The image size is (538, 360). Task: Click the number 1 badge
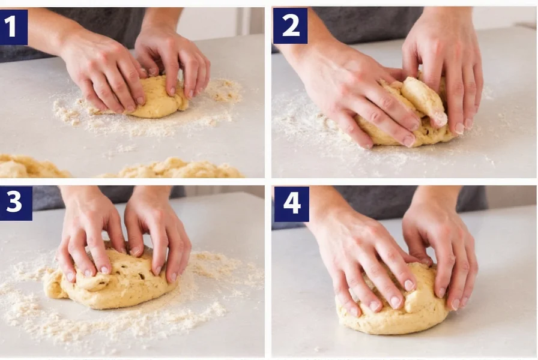(14, 27)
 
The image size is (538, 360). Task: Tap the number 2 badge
(290, 26)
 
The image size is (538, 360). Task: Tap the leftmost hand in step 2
(354, 90)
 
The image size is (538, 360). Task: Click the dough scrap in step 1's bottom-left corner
(30, 168)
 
